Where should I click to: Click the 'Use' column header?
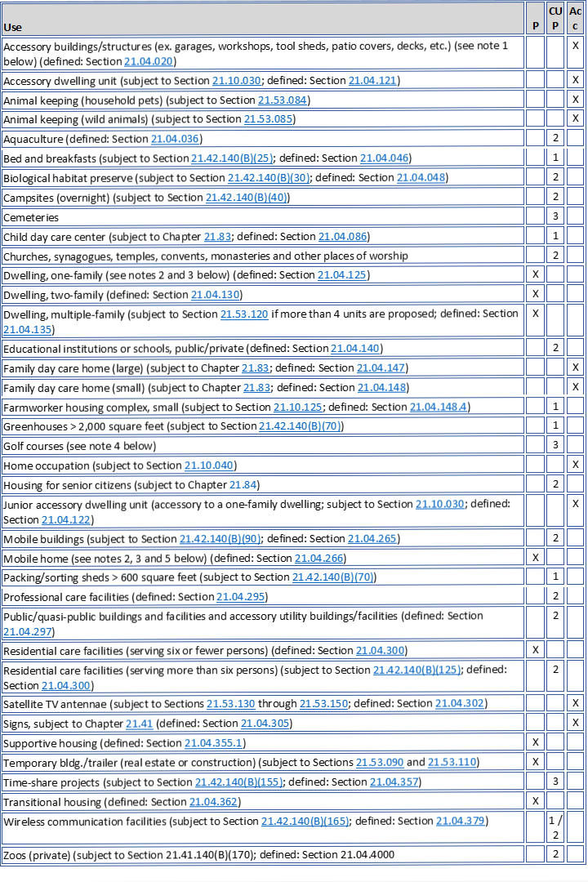pyautogui.click(x=13, y=27)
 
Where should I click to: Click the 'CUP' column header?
pyautogui.click(x=555, y=18)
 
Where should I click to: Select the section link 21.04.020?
pyautogui.click(x=149, y=61)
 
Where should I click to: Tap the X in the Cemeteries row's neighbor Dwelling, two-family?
pyautogui.click(x=535, y=293)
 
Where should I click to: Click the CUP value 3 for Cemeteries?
pyautogui.click(x=555, y=217)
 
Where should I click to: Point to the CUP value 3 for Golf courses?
pyautogui.click(x=555, y=446)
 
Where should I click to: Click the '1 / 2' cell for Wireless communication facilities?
pyautogui.click(x=555, y=826)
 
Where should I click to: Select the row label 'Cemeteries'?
pyautogui.click(x=31, y=217)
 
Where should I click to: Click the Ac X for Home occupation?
pyautogui.click(x=576, y=465)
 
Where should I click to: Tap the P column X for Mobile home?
pyautogui.click(x=535, y=558)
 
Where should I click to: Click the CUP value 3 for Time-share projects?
pyautogui.click(x=555, y=782)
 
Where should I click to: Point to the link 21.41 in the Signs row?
pyautogui.click(x=136, y=724)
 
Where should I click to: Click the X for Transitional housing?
pyautogui.click(x=535, y=801)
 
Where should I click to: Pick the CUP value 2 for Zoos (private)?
pyautogui.click(x=555, y=854)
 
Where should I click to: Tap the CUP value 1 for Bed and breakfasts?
pyautogui.click(x=555, y=158)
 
